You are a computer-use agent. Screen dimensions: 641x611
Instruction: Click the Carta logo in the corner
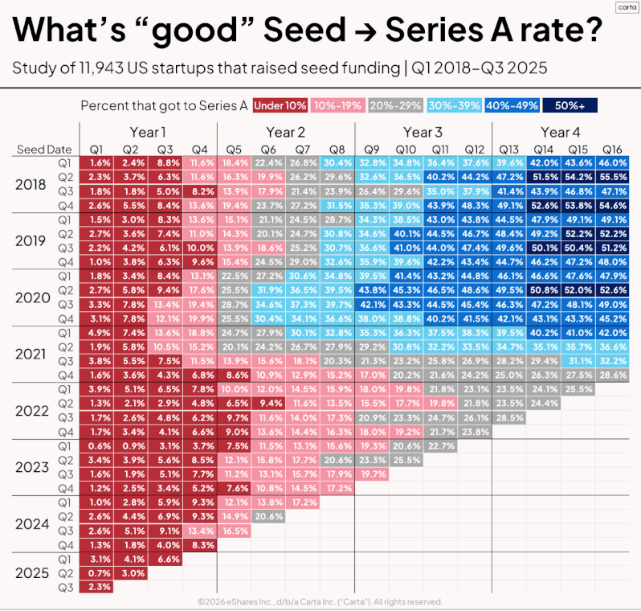pyautogui.click(x=627, y=7)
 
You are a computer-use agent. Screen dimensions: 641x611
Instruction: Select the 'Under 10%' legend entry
pyautogui.click(x=280, y=105)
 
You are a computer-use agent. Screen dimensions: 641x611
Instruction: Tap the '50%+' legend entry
pyautogui.click(x=570, y=105)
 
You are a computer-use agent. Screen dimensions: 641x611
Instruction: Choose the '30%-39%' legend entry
pyautogui.click(x=454, y=105)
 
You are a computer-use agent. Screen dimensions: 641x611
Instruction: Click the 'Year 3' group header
pyautogui.click(x=423, y=132)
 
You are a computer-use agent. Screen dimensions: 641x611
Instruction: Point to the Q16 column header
pyautogui.click(x=612, y=150)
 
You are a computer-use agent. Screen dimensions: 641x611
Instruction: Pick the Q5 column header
pyautogui.click(x=234, y=150)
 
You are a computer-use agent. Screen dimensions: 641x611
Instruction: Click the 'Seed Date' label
pyautogui.click(x=44, y=150)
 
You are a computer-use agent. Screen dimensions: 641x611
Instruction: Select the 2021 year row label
pyautogui.click(x=31, y=354)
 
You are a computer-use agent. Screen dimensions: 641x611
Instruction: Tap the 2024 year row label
pyautogui.click(x=32, y=524)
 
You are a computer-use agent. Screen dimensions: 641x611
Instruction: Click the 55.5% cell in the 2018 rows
pyautogui.click(x=612, y=177)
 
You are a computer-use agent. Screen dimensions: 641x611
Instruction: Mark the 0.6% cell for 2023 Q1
pyautogui.click(x=96, y=446)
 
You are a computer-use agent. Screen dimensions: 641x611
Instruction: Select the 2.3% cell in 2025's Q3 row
pyautogui.click(x=96, y=587)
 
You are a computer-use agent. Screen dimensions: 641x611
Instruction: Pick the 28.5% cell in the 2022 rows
pyautogui.click(x=509, y=418)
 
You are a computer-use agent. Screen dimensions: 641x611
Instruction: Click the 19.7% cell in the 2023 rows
pyautogui.click(x=372, y=474)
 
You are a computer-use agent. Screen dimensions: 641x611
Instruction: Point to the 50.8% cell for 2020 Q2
pyautogui.click(x=544, y=290)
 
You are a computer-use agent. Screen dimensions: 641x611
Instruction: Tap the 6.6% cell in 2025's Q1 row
pyautogui.click(x=165, y=559)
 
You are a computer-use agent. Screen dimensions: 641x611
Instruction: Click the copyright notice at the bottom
pyautogui.click(x=320, y=601)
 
